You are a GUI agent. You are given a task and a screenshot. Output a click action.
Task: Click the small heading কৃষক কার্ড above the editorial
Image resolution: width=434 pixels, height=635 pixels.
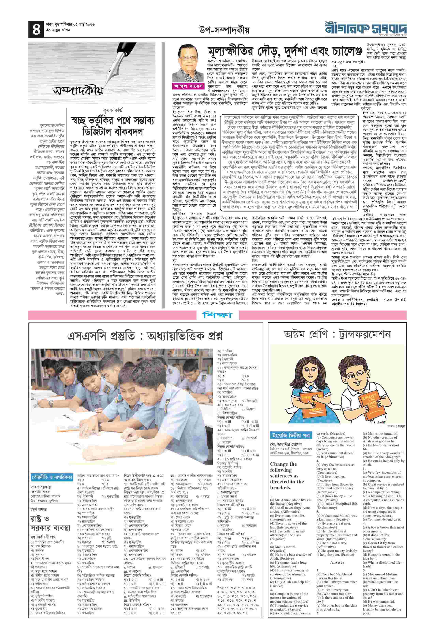point(113,110)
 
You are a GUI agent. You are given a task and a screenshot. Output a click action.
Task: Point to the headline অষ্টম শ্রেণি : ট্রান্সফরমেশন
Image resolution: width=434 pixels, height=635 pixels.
point(337,334)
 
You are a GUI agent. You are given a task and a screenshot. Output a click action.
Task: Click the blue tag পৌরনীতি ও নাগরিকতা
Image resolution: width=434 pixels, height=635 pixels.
point(52,477)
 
